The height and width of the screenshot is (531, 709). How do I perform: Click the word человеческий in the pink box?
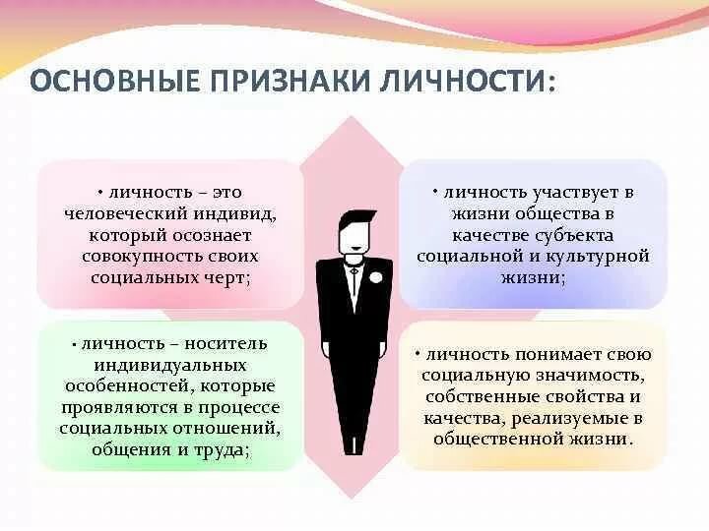pos(126,214)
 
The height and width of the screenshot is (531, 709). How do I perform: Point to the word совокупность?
pos(144,257)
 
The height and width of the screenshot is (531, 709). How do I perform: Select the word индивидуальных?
pos(170,365)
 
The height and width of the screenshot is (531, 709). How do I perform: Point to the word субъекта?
pos(574,235)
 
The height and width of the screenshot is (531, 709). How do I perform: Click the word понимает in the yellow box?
pos(557,355)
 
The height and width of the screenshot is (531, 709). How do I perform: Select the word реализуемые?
pos(567,418)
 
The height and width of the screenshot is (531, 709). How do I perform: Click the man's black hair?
pos(357,220)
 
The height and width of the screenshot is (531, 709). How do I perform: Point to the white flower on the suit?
pos(374,276)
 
